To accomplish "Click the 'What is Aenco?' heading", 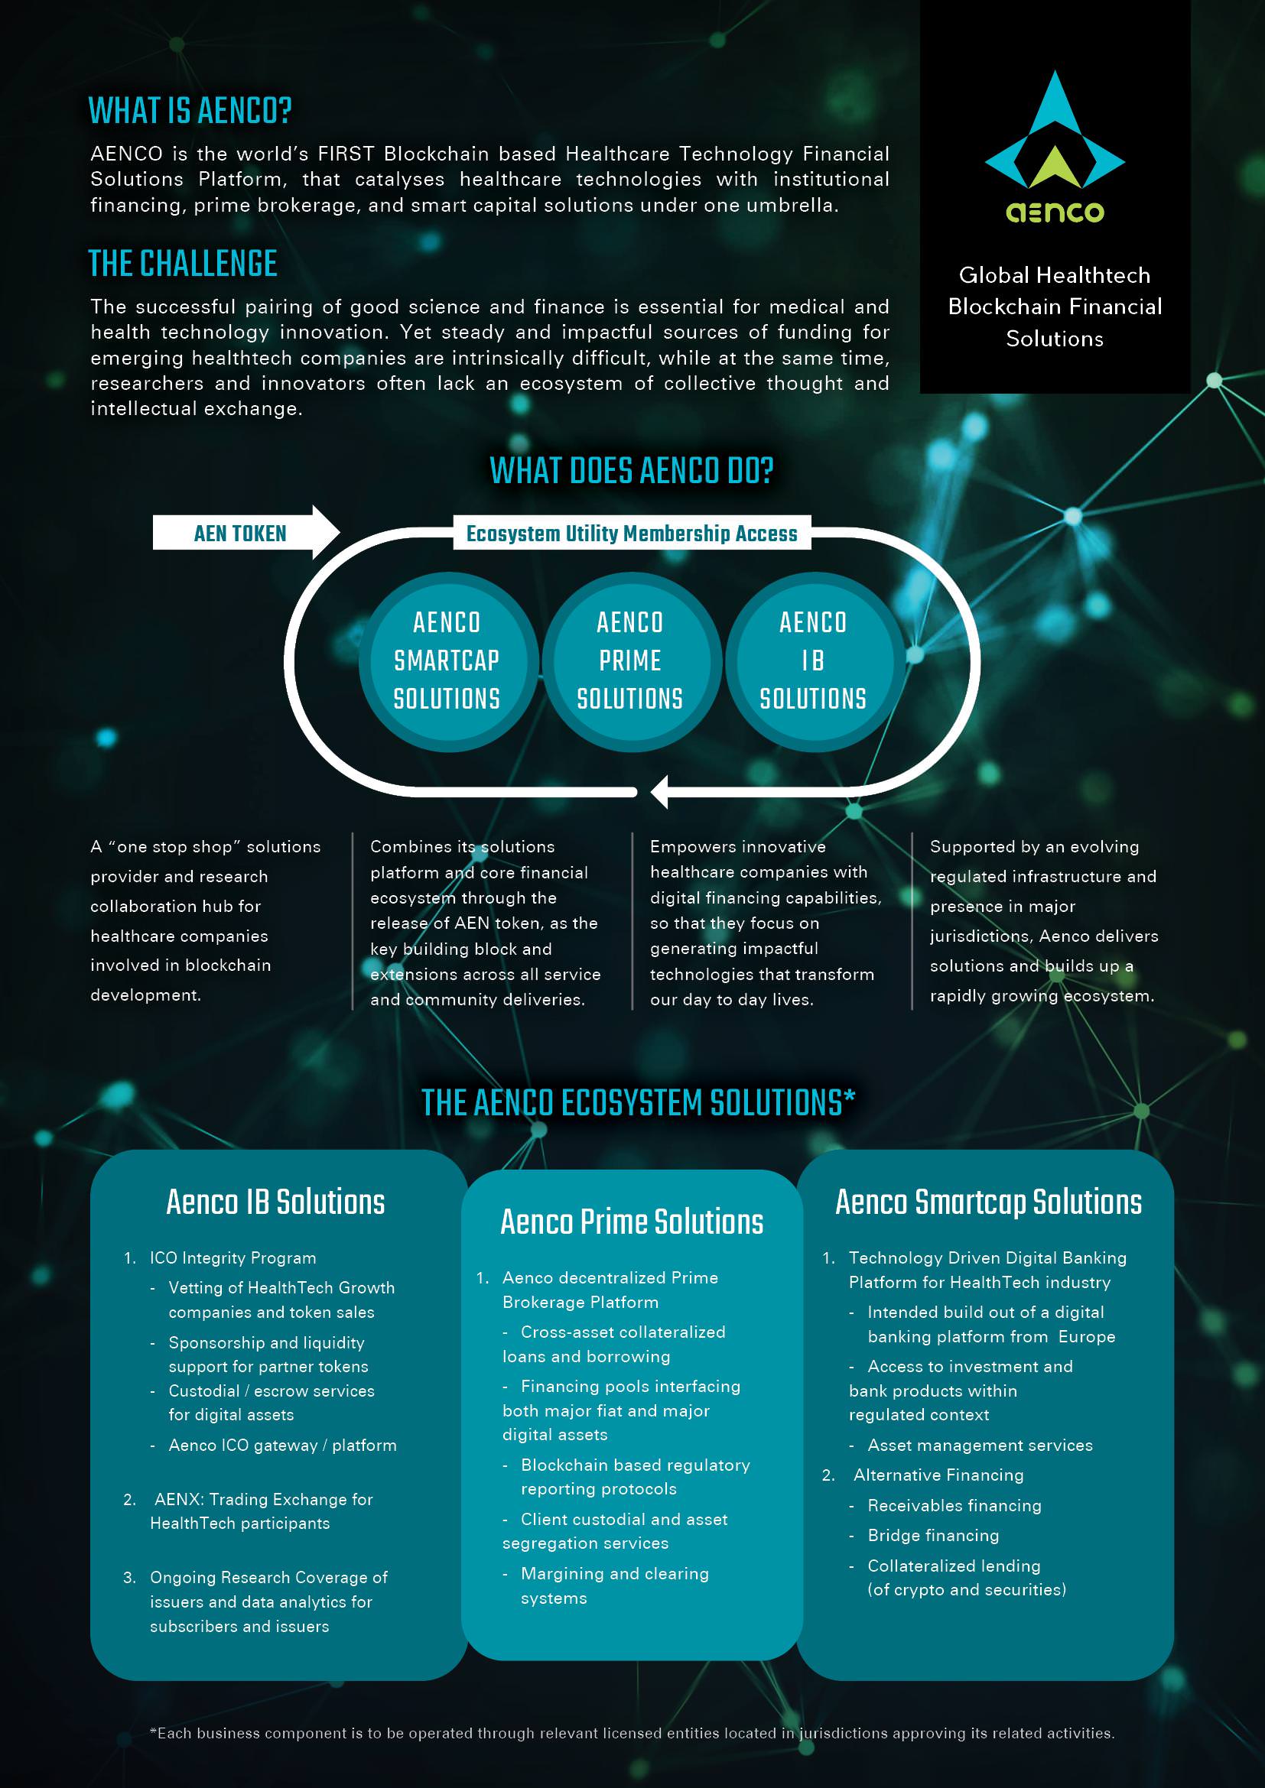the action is tap(190, 111).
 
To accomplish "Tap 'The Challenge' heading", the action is tap(183, 263).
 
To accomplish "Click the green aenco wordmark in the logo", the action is tap(1055, 211).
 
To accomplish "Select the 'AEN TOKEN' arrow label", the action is tap(240, 534).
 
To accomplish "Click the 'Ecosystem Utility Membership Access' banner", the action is tap(632, 534).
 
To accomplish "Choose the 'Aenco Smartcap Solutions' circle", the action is tap(447, 661).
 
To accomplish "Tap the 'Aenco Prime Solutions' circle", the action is tap(630, 661).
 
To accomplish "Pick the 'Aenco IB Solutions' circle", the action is tap(814, 661).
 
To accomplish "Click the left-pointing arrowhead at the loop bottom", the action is tap(659, 792).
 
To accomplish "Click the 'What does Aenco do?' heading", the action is tap(632, 470).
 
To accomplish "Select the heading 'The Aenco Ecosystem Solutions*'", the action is tap(638, 1103).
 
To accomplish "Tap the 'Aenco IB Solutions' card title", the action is tap(276, 1202).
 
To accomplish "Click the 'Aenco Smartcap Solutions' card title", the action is tap(988, 1202).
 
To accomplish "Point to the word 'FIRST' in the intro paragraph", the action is tap(346, 154).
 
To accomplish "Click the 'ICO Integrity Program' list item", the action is tap(233, 1257).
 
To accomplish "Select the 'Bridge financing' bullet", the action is tap(933, 1535).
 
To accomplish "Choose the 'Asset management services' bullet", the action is tap(980, 1445).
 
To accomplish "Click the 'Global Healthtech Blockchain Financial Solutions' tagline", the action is tap(1055, 306).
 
